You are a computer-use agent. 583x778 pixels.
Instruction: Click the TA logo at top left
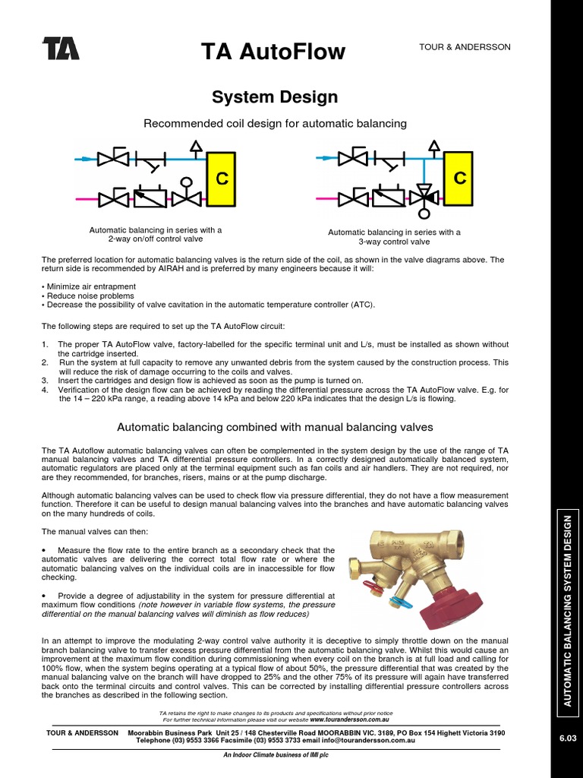[x=61, y=49]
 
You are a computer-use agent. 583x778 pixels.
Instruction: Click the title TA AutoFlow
[x=273, y=52]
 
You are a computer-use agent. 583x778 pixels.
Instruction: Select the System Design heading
[x=274, y=97]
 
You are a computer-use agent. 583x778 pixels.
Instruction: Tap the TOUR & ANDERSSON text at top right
[x=465, y=47]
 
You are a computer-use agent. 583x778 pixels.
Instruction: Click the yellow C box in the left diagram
[x=222, y=179]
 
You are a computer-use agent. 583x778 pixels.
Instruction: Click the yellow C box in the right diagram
[x=460, y=179]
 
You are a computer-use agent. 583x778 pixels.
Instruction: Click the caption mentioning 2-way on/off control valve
[x=156, y=234]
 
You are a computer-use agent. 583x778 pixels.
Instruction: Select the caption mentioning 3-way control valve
[x=394, y=237]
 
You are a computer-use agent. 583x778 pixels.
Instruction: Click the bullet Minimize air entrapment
[x=89, y=286]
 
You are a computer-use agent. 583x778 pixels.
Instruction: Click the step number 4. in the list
[x=45, y=389]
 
